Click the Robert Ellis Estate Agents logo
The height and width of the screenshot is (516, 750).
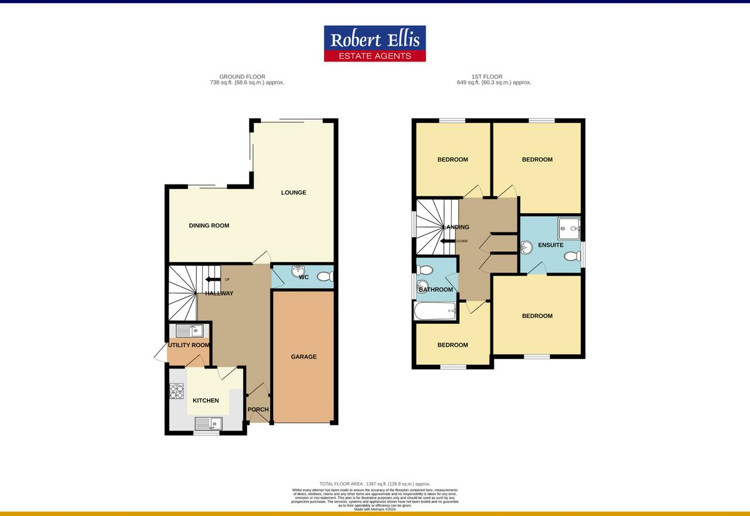click(374, 43)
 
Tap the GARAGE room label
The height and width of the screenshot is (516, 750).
click(304, 357)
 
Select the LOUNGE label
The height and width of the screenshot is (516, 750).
click(294, 193)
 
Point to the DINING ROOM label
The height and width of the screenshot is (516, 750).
click(209, 225)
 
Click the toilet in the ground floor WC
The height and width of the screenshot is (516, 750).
click(325, 276)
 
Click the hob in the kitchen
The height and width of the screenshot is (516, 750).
click(176, 391)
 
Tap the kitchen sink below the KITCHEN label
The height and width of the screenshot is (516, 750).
click(209, 423)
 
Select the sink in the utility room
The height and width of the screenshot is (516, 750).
click(189, 331)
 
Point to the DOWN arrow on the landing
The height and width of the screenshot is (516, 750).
click(448, 241)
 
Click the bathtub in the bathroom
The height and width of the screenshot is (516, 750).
click(435, 311)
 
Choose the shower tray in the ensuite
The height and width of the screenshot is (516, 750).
click(568, 228)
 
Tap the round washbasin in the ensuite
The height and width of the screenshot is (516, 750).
click(526, 248)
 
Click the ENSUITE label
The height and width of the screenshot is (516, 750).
click(551, 245)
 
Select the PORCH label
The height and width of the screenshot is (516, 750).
click(258, 409)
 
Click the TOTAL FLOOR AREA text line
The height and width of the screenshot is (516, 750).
click(374, 484)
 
